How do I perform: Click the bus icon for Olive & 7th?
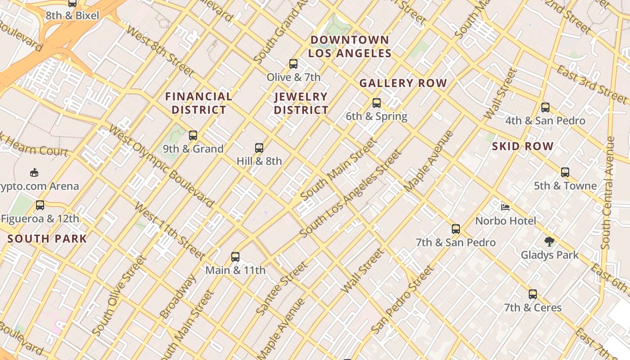point(293,64)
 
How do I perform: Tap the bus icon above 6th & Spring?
point(377,103)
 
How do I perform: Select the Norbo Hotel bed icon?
point(505,207)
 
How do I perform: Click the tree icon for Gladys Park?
point(549,242)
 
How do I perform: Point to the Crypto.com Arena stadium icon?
point(34,173)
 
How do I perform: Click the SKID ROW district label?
point(522,146)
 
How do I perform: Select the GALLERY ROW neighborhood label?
point(403,83)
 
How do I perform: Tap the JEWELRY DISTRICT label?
point(301,103)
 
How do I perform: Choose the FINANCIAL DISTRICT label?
point(198,103)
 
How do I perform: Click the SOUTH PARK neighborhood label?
point(47,239)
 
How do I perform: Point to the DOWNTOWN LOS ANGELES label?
point(350,47)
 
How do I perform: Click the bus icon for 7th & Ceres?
point(533,294)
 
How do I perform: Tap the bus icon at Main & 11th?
point(235,257)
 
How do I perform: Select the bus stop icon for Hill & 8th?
point(259,148)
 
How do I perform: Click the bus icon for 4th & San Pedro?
point(545,108)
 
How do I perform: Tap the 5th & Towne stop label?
point(565,186)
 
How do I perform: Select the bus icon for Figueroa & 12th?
point(40,205)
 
